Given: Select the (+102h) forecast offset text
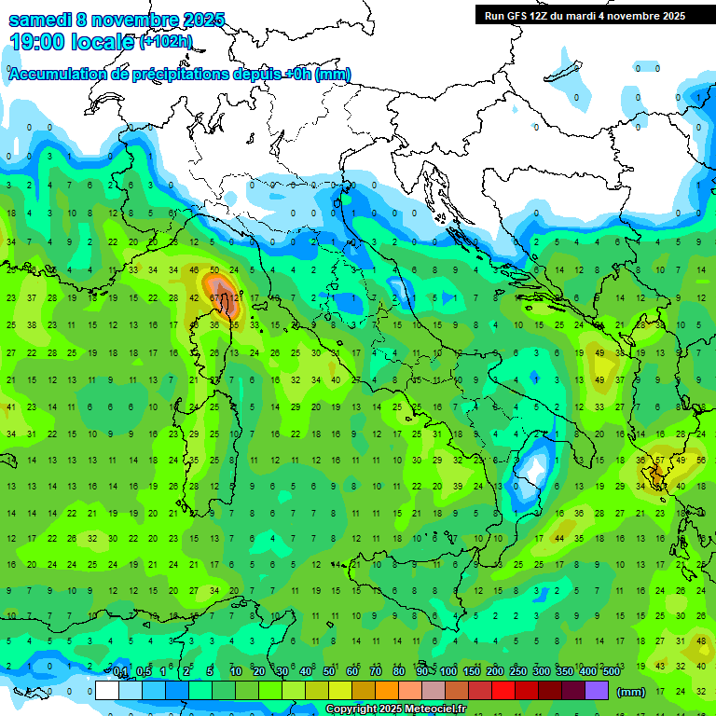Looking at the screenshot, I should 166,41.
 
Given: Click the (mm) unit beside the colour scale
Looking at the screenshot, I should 631,691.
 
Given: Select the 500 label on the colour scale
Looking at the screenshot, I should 612,671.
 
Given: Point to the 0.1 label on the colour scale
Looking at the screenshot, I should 120,671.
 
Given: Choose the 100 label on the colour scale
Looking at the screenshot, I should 448,671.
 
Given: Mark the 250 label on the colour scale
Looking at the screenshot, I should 518,671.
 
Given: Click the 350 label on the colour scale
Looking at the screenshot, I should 565,671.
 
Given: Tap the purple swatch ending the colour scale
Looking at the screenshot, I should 598,690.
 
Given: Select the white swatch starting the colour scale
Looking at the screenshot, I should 107,690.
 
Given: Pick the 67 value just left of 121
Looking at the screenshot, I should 215,298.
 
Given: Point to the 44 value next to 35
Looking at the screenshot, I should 559,539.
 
